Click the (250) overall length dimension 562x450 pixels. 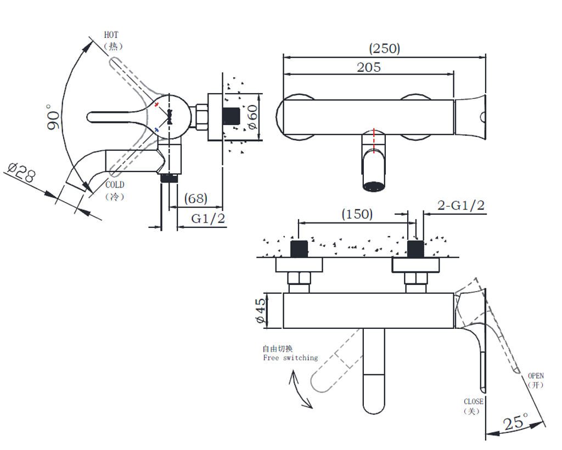(x=385, y=48)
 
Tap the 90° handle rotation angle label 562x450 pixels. (x=54, y=117)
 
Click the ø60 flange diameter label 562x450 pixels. (x=252, y=117)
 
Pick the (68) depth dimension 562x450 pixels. (x=195, y=198)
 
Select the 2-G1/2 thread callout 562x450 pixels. (x=461, y=206)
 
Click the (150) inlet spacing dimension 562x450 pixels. (x=357, y=214)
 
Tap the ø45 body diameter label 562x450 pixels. (x=261, y=311)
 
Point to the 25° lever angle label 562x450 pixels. (x=515, y=423)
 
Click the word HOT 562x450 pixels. (x=111, y=35)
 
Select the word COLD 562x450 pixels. (x=115, y=185)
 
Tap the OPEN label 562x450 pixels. (x=536, y=376)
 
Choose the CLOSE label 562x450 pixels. (x=473, y=402)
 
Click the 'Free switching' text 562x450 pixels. (x=290, y=358)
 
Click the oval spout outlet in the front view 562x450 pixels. (x=374, y=186)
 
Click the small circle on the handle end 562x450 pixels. (x=482, y=117)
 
